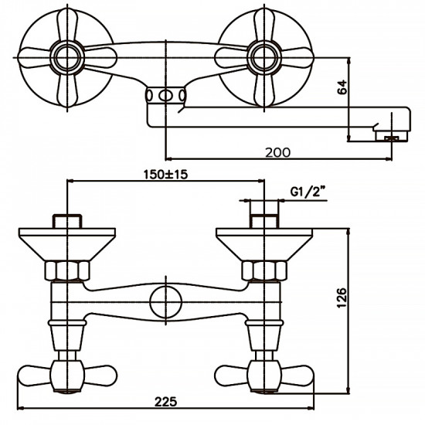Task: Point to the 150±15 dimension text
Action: (165, 175)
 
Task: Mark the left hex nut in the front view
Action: (68, 270)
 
